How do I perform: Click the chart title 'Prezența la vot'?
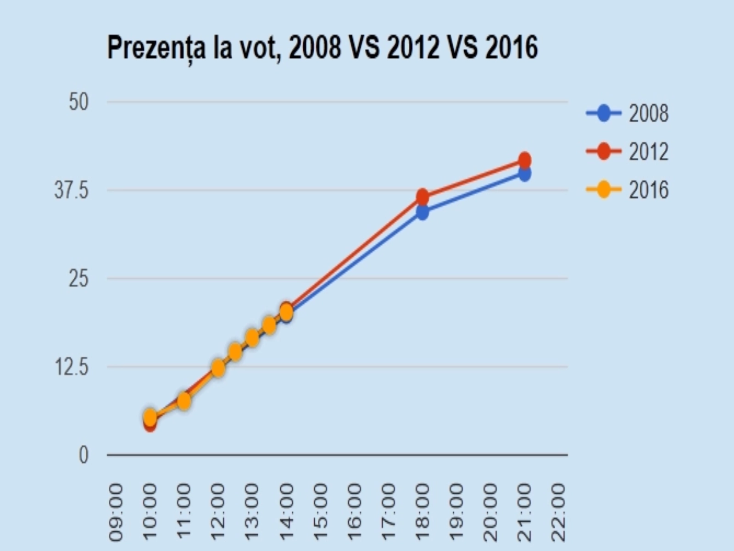[x=322, y=48]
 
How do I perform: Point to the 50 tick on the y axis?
[x=78, y=102]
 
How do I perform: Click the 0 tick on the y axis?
[x=83, y=455]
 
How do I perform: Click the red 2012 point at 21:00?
[x=525, y=160]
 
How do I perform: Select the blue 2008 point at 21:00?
[x=525, y=174]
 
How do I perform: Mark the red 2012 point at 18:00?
[x=423, y=197]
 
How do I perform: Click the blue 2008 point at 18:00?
[x=423, y=212]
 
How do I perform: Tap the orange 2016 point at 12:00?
[x=218, y=368]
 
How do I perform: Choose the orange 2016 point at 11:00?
[x=184, y=401]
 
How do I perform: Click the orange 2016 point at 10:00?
[x=150, y=417]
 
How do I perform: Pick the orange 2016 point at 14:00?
[x=286, y=313]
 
